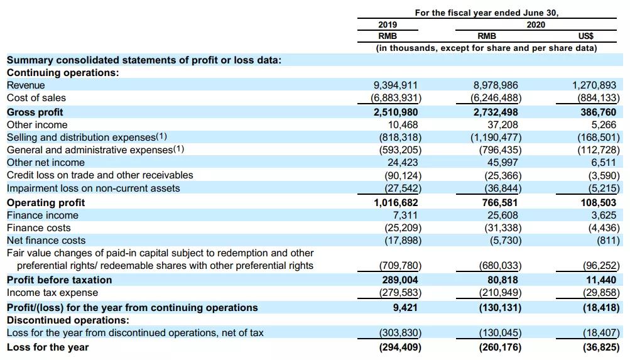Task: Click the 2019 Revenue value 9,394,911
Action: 395,85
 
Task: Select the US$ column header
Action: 585,36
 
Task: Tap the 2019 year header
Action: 388,25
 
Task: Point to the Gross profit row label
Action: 35,112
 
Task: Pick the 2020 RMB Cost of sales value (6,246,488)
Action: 496,98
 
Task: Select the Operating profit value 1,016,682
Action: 396,202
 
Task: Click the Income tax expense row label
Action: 52,293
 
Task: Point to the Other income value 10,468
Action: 400,124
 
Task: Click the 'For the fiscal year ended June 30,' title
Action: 487,13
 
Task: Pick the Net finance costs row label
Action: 46,240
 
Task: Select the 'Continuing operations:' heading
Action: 62,72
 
